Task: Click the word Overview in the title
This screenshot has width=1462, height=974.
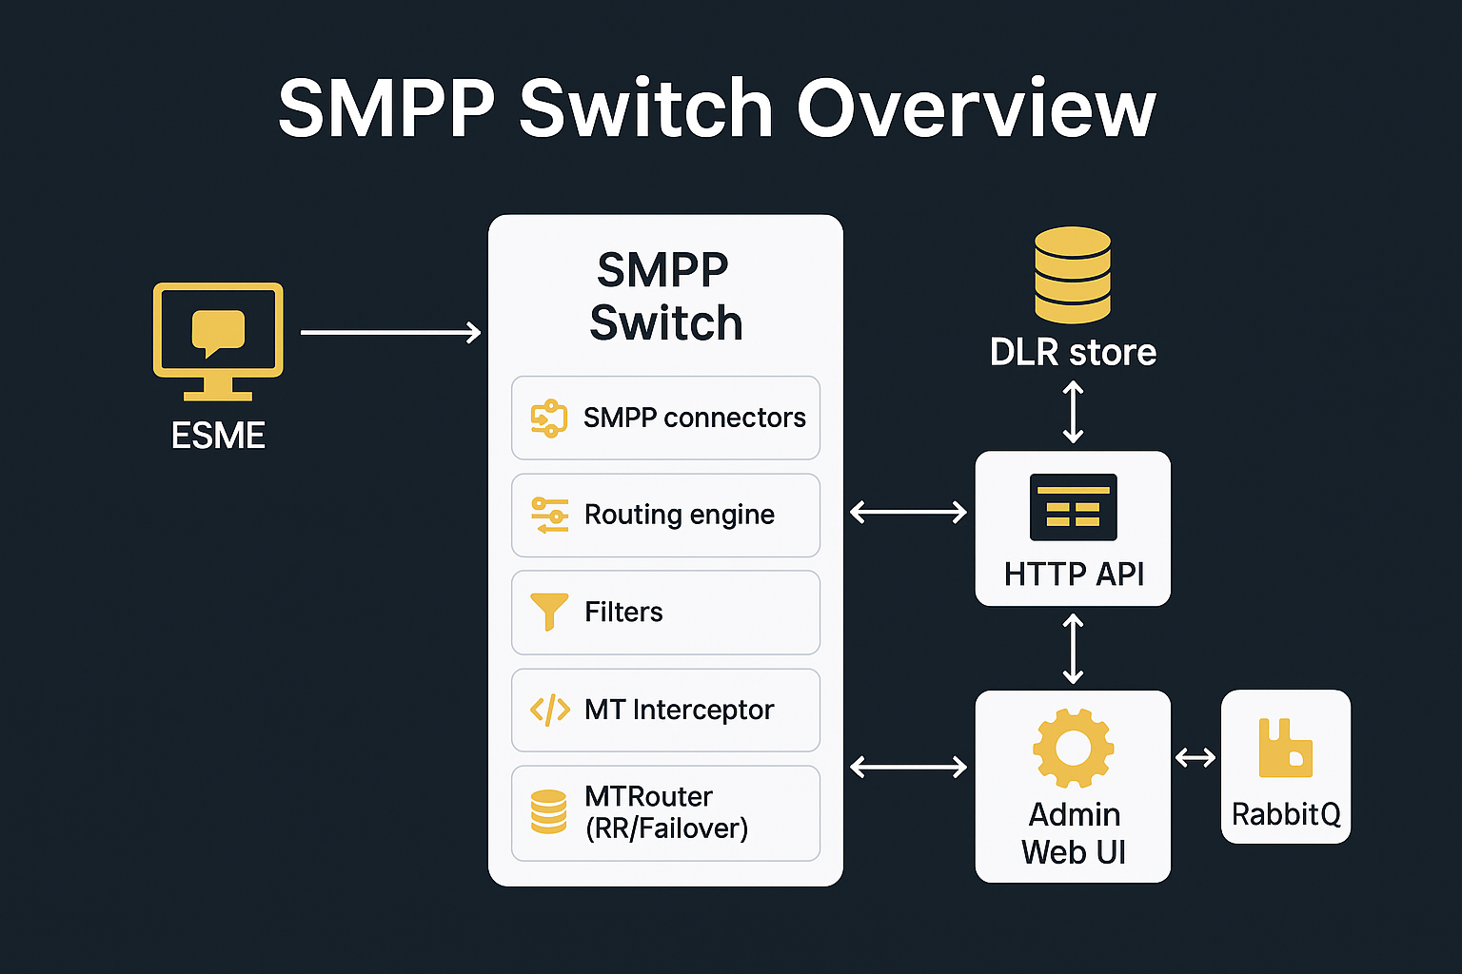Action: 976,108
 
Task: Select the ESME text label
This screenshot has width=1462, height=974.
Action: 218,436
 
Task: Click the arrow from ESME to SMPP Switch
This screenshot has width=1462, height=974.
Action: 390,332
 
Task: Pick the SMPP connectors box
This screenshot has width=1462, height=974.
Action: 665,418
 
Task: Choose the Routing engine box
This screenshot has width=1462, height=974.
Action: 665,515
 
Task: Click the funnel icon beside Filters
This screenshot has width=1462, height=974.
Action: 549,612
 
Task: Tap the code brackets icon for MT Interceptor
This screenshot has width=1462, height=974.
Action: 550,710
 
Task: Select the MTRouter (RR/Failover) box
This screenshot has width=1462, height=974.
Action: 665,812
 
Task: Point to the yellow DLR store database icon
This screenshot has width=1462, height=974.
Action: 1073,275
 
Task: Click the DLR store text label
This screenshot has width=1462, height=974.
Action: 1073,352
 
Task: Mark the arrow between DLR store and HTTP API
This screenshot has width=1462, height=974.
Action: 1073,412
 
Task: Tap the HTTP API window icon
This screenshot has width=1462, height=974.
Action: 1074,507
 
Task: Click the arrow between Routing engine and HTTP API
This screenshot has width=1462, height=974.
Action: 908,513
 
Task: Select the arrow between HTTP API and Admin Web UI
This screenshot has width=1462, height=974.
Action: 1073,649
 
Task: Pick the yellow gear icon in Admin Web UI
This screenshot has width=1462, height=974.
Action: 1073,749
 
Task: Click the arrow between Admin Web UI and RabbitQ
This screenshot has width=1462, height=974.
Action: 1195,757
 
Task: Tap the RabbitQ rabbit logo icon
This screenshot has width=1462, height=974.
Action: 1285,749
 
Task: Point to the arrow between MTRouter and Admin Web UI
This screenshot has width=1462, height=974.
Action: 908,767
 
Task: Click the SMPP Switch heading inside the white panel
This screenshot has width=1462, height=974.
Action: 664,296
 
